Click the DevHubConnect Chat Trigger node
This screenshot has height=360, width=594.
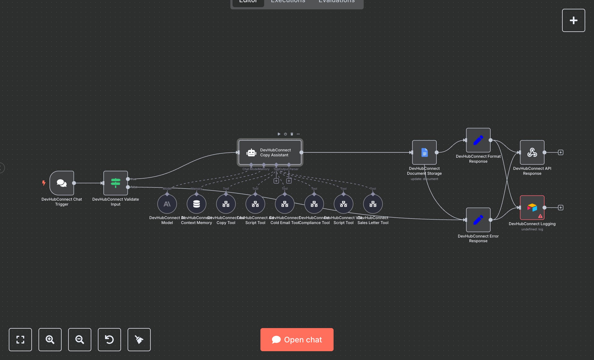[62, 183]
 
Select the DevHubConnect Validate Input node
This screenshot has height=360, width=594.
[116, 183]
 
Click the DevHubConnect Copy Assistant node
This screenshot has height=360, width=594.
[270, 152]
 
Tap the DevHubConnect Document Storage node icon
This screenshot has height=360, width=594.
[424, 152]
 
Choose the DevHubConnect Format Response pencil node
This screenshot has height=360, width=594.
[478, 140]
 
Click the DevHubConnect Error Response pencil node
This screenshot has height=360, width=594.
[478, 220]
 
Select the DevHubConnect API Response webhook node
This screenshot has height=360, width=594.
[532, 152]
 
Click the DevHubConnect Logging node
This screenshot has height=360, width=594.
[532, 208]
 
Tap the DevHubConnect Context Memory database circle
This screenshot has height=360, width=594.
[196, 204]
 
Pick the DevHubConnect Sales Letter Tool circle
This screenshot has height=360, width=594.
[373, 204]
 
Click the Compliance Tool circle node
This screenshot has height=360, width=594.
[314, 204]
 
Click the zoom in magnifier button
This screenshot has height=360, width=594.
[50, 340]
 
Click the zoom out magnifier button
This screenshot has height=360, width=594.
[80, 340]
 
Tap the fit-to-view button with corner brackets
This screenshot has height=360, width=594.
[20, 340]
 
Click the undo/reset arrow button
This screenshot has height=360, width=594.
[109, 340]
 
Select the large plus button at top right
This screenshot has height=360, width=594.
[573, 20]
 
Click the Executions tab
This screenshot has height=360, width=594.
[288, 2]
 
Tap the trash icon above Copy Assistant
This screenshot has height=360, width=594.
[292, 134]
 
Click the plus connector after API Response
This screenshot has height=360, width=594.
[561, 152]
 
